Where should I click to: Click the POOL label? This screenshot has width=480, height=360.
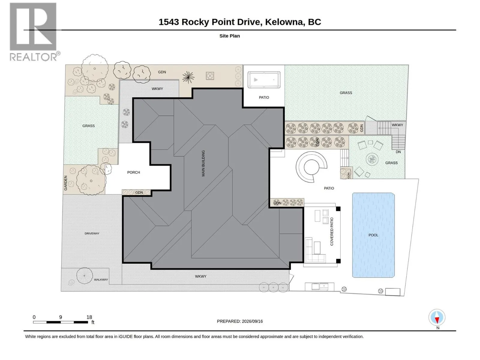pos(373,235)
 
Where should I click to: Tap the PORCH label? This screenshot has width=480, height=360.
pos(133,172)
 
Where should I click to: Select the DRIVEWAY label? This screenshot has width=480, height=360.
pos(92,233)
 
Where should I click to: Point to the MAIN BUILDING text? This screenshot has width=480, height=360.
pos(203,163)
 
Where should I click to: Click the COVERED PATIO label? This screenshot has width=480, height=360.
pos(332,232)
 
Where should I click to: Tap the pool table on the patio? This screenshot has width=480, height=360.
pos(264,80)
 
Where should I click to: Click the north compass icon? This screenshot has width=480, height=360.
pos(437,317)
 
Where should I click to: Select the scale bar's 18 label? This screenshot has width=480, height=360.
pos(89,317)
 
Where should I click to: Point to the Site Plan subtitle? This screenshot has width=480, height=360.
pos(229,36)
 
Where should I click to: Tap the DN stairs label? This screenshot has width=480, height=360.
pos(398,152)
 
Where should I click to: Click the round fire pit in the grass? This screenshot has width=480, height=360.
pos(372,159)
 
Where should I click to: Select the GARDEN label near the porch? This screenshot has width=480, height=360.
pos(65,183)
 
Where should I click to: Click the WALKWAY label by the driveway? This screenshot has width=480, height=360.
pos(101,280)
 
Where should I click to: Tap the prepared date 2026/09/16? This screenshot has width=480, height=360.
pos(252,321)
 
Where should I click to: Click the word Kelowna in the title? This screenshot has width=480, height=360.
pos(285,22)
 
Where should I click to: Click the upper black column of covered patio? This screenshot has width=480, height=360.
pos(338,209)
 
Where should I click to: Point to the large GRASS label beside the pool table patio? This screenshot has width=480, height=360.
pos(346,93)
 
